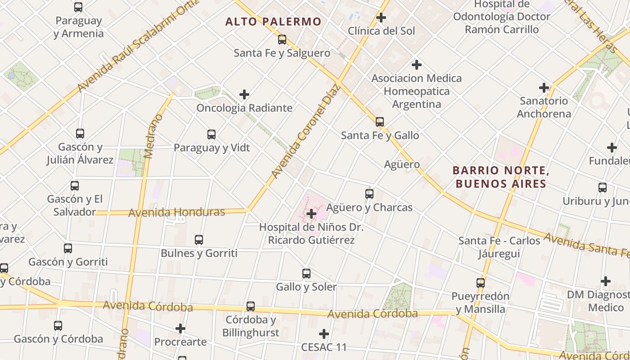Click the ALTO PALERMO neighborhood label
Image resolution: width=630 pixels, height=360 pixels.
coord(273,22)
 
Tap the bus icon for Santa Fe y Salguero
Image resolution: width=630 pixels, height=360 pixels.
coord(282,40)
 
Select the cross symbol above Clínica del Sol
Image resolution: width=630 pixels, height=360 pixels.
coord(381,18)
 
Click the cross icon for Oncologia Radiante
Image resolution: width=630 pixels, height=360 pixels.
coord(244,94)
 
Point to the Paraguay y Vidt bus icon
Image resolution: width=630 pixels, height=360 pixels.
coord(211,135)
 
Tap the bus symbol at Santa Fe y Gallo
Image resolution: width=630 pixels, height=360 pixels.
coord(380,122)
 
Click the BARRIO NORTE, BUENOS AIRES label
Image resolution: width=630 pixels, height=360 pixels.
coord(501,177)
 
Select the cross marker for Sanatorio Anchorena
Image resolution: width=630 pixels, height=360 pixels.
coord(544,88)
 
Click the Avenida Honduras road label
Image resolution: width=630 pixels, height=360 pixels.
coord(176,212)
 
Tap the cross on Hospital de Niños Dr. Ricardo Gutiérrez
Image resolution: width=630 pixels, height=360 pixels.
coord(311,214)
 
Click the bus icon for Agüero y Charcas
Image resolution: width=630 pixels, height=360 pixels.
coord(369,194)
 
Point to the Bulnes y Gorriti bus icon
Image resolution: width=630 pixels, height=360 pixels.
coord(199,240)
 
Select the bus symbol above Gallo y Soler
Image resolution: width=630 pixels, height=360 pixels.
coord(306,274)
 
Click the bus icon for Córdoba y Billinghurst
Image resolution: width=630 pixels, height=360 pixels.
coord(251,306)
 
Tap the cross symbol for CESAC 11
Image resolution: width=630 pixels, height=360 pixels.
coord(324,334)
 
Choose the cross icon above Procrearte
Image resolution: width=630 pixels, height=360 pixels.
coord(180,328)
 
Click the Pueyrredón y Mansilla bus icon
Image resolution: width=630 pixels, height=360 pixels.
coord(481,283)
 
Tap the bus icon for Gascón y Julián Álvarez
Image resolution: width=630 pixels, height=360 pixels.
coord(80,134)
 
